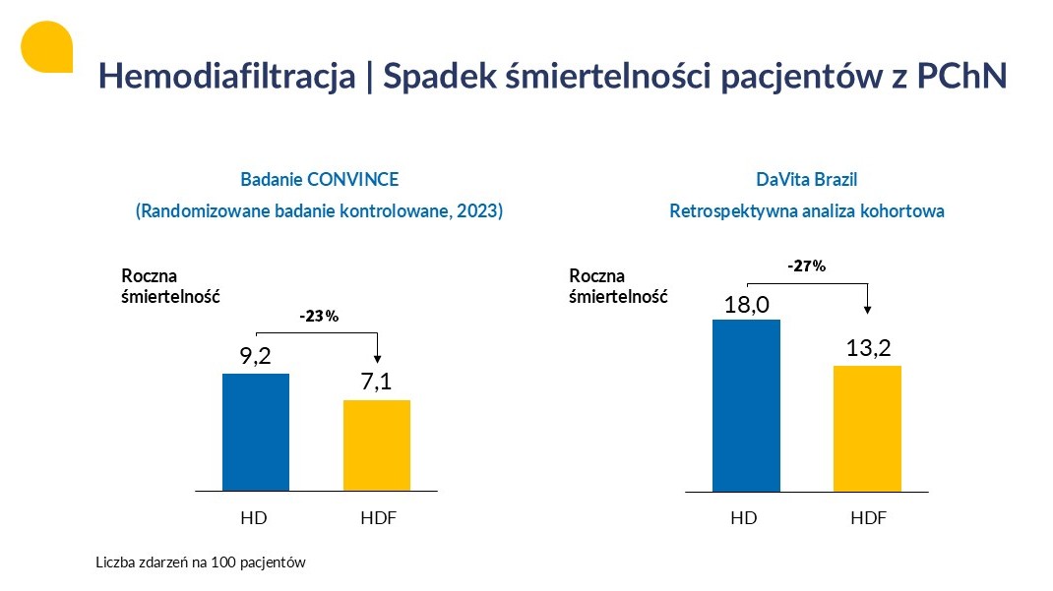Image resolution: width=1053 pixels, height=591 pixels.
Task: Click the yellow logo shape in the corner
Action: [x=46, y=46]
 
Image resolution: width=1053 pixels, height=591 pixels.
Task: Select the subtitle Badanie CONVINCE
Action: [x=320, y=180]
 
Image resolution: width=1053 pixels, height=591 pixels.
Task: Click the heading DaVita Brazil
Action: [x=807, y=180]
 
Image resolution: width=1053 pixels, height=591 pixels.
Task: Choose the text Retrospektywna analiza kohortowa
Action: [x=807, y=211]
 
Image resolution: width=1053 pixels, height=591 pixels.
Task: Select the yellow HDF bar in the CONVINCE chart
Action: [x=377, y=444]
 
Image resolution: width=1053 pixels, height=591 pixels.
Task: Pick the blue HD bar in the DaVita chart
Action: [x=746, y=404]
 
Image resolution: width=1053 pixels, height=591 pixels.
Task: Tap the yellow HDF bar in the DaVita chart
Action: [x=867, y=428]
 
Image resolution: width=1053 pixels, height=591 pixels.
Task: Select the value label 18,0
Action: [x=746, y=304]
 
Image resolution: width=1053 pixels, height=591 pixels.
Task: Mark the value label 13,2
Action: [x=867, y=349]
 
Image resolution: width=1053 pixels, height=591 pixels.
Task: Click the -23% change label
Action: [x=319, y=317]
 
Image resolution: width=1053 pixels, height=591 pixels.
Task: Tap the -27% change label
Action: [x=807, y=266]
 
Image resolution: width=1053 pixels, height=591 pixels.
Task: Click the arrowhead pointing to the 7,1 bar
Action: [x=378, y=361]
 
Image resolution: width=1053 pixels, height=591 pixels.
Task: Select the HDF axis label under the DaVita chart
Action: [x=868, y=518]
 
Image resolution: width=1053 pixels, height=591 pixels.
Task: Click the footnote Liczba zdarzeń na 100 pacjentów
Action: [x=202, y=563]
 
